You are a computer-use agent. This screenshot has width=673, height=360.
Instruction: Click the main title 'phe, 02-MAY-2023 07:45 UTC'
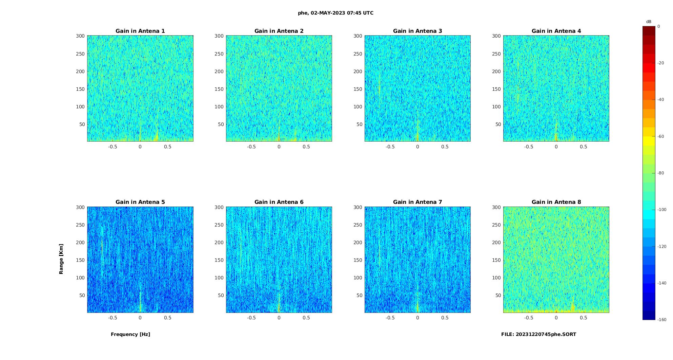pyautogui.click(x=335, y=13)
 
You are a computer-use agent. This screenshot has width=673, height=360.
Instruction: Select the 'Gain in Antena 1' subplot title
pyautogui.click(x=140, y=31)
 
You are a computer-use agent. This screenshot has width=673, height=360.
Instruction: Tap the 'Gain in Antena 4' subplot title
pyautogui.click(x=556, y=31)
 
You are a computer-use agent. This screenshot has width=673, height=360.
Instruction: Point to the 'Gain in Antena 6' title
pyautogui.click(x=279, y=202)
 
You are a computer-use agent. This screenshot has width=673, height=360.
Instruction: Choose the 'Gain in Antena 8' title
pyautogui.click(x=556, y=202)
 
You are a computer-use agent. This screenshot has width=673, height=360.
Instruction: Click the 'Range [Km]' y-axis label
pyautogui.click(x=61, y=259)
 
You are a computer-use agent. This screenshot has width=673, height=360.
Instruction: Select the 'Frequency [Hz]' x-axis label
pyautogui.click(x=130, y=334)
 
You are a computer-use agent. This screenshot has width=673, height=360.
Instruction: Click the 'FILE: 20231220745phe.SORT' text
pyautogui.click(x=538, y=334)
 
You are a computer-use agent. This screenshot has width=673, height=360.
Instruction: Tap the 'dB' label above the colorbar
pyautogui.click(x=649, y=22)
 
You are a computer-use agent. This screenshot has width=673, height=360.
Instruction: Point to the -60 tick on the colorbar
pyautogui.click(x=661, y=136)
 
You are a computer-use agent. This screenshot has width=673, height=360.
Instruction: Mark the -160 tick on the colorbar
pyautogui.click(x=662, y=320)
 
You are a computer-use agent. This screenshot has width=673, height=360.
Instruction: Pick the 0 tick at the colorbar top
pyautogui.click(x=658, y=26)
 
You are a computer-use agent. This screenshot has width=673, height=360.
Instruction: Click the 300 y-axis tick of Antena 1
pyautogui.click(x=80, y=36)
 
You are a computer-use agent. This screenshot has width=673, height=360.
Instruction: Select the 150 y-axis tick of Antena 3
pyautogui.click(x=358, y=89)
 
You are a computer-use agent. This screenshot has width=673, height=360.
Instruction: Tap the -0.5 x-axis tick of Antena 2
pyautogui.click(x=251, y=147)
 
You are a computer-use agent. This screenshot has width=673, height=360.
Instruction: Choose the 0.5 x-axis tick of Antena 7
pyautogui.click(x=445, y=318)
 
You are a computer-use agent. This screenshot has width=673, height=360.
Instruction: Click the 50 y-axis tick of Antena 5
pyautogui.click(x=82, y=295)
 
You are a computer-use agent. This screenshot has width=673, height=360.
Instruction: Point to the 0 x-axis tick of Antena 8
pyautogui.click(x=556, y=318)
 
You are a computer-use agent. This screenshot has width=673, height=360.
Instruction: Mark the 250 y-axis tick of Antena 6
pyautogui.click(x=219, y=225)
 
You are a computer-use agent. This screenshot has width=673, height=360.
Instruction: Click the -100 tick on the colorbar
pyautogui.click(x=662, y=210)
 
